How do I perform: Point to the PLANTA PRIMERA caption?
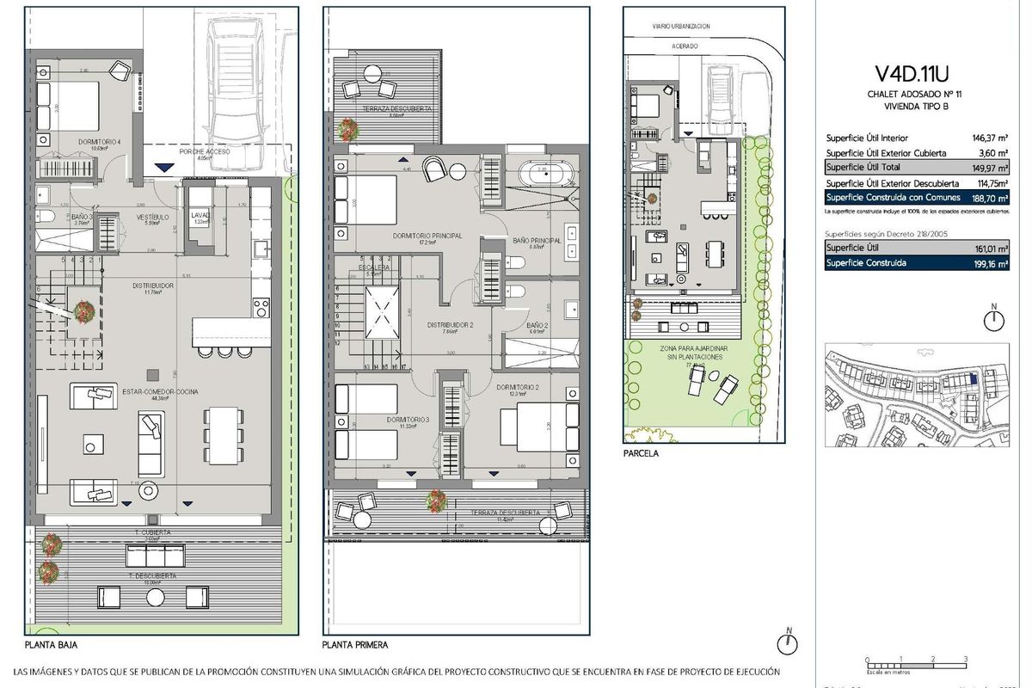pyautogui.click(x=355, y=643)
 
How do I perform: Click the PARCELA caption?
pyautogui.click(x=642, y=453)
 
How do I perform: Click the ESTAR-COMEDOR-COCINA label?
pyautogui.click(x=161, y=392)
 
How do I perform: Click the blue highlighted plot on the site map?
pyautogui.click(x=972, y=378)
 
